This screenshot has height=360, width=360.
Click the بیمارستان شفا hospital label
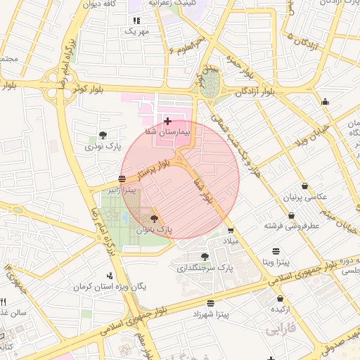pyautogui.click(x=168, y=131)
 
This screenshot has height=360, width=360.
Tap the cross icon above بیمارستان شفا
pyautogui.click(x=167, y=122)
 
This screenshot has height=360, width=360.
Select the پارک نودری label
pyautogui.click(x=103, y=146)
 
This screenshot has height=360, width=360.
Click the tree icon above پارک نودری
pyautogui.click(x=103, y=135)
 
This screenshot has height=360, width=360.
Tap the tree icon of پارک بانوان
pyautogui.click(x=155, y=219)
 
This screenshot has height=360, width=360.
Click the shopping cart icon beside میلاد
pyautogui.click(x=231, y=230)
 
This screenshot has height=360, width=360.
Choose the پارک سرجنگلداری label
pyautogui.click(x=204, y=268)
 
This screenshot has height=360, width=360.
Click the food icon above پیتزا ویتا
pyautogui.click(x=276, y=251)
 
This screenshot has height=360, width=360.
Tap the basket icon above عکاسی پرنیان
pyautogui.click(x=304, y=186)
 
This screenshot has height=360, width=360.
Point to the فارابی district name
pyautogui.click(x=280, y=328)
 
